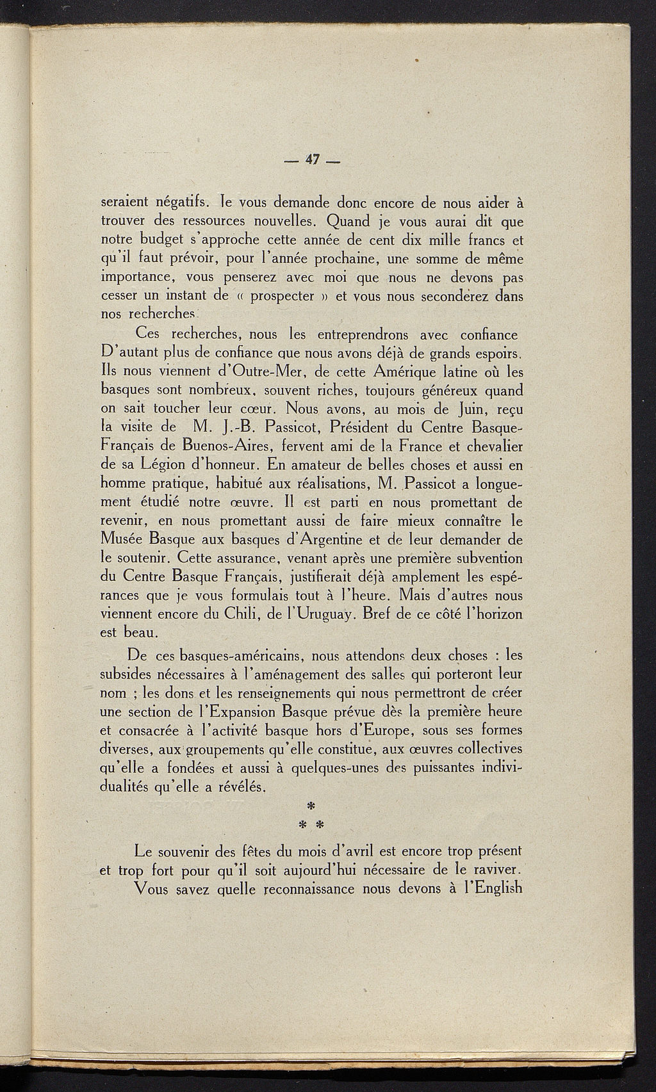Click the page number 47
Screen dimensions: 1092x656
tap(312, 160)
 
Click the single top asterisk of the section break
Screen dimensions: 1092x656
tap(313, 804)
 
